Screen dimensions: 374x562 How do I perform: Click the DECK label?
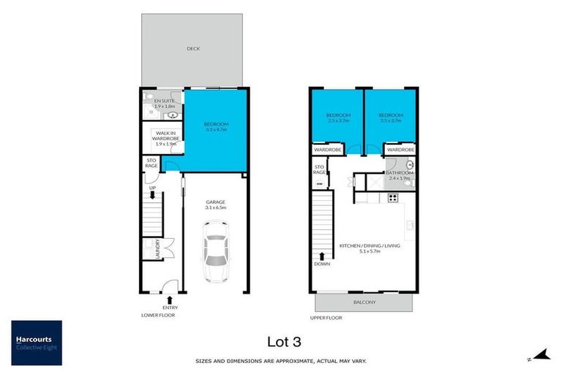(193, 49)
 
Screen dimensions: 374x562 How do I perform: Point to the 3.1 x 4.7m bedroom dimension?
(217, 131)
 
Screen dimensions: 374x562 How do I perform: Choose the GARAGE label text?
(216, 202)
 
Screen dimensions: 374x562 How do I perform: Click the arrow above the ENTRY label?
(169, 298)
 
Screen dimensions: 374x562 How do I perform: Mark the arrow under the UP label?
(152, 196)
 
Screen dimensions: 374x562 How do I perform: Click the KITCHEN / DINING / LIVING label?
(370, 246)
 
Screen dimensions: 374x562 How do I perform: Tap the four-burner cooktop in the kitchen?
(391, 196)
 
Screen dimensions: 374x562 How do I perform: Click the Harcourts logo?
(36, 343)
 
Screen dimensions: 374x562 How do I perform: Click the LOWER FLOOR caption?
(159, 316)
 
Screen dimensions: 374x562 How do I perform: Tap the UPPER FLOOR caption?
(326, 318)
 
